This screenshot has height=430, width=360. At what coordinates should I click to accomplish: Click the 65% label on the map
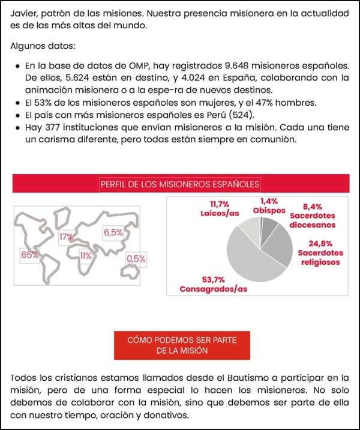click(29, 255)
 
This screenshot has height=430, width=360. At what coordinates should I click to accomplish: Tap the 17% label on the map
click(66, 237)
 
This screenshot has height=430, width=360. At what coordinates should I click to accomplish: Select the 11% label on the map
click(85, 256)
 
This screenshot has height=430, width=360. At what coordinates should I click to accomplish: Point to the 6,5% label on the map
click(113, 232)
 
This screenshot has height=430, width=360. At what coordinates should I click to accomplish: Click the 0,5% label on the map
click(136, 258)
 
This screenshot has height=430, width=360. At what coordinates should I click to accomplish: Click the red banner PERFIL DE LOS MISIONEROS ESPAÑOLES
click(180, 184)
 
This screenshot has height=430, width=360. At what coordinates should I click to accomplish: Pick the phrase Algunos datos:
click(42, 46)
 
